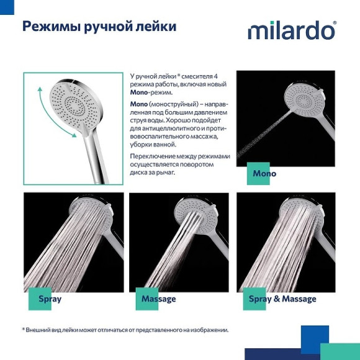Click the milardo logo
coord(292,30)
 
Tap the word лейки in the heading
coord(155,27)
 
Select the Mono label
coord(264,173)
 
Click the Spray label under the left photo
coord(50,299)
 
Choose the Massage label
coord(158,299)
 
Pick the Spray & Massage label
coord(282,299)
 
